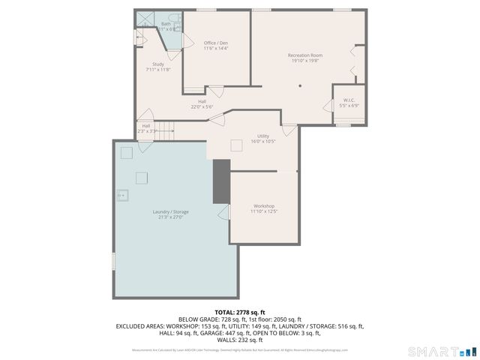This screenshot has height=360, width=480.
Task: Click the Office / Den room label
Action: point(216,43)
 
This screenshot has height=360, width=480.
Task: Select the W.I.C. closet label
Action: point(349,100)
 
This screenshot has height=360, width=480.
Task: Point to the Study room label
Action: point(157,64)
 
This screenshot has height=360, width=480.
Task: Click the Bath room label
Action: point(166,24)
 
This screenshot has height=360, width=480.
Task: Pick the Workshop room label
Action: point(263,205)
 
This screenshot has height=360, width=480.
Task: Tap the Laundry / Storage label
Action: point(171,211)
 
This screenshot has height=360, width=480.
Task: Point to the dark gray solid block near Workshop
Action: point(221,181)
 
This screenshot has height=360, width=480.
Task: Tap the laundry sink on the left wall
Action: point(122,194)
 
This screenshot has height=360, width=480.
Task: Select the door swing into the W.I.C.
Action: point(328,105)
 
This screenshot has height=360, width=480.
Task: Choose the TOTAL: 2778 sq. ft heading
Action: point(240,312)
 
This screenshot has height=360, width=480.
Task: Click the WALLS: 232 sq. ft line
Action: point(240,340)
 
